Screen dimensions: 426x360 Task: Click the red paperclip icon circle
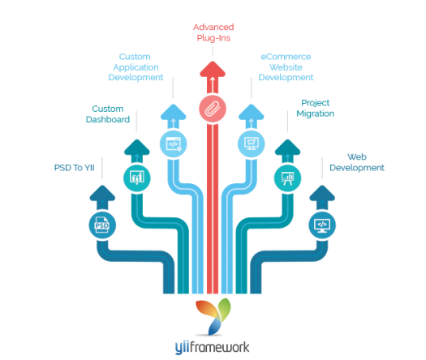pos(213,109)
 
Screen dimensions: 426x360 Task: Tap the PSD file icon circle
pos(102,225)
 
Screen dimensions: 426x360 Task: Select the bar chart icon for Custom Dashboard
pos(137,178)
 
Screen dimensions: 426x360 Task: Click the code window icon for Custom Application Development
pos(173,144)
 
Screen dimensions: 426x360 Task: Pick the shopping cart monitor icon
pos(252,144)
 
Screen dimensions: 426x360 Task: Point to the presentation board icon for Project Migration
pos(287,178)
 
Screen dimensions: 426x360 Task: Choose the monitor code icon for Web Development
pos(322,225)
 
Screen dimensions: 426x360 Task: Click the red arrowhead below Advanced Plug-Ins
pos(213,69)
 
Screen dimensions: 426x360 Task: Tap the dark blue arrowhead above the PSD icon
pos(102,193)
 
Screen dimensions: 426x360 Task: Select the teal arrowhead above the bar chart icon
pos(137,147)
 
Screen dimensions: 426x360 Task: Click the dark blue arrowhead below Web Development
pos(322,193)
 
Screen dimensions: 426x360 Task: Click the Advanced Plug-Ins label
pos(213,32)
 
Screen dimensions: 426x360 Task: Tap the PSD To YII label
pos(75,168)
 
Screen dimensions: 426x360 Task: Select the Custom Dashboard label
pos(108,114)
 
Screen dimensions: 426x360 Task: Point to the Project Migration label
pos(315,109)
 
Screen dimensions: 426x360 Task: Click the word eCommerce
pos(286,57)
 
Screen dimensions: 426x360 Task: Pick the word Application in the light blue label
pos(136,67)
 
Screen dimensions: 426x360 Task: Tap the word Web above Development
pos(357,157)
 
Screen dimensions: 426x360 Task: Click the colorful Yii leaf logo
pos(213,316)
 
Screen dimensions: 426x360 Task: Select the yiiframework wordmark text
pos(212,348)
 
